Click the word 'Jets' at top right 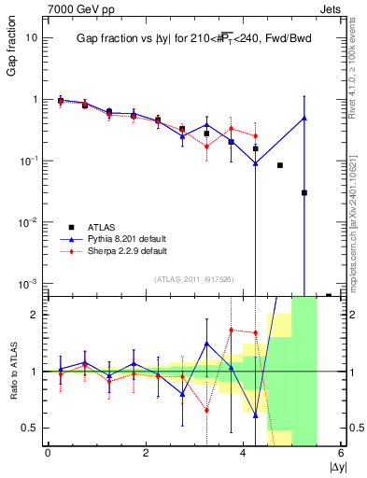coord(332,8)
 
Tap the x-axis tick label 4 coord(243,454)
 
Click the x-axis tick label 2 coord(146,454)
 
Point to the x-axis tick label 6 coord(340,454)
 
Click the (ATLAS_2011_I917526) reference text coord(192,278)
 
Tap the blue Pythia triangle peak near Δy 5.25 coord(304,118)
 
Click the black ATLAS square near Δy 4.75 coord(280,165)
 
